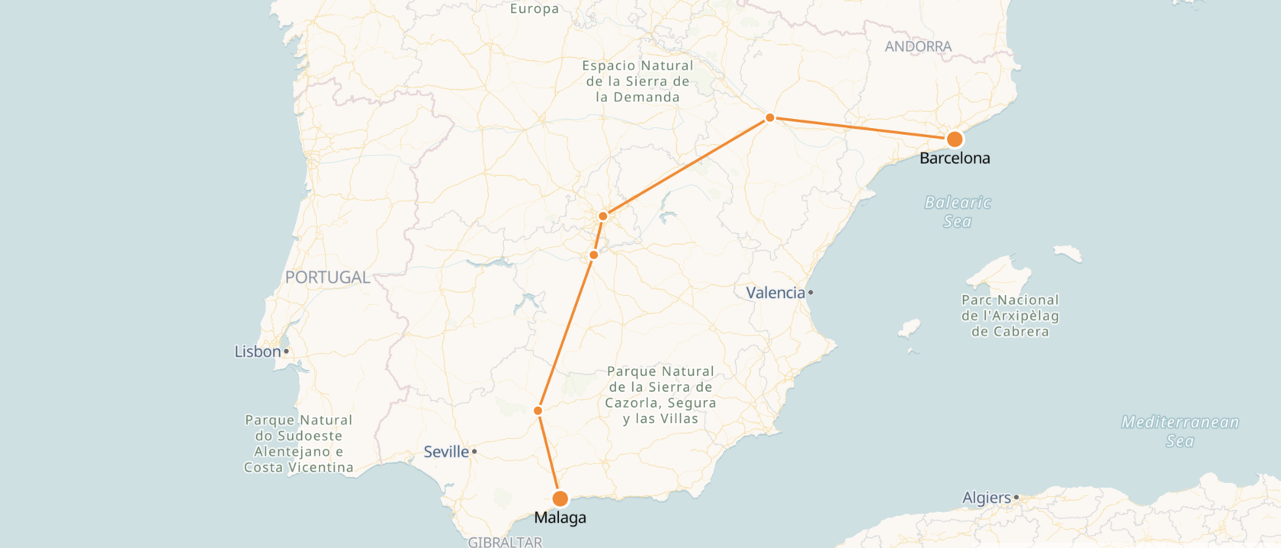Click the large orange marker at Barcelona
tap(954, 139)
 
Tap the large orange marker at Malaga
tap(560, 498)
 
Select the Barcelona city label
tap(955, 159)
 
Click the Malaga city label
tap(560, 518)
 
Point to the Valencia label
tap(775, 293)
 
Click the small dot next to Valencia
tap(811, 293)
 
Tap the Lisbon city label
tap(258, 351)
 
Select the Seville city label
tap(446, 452)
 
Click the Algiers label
tap(986, 498)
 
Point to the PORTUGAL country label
tap(327, 277)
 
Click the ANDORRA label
tap(918, 46)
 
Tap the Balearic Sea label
tap(958, 212)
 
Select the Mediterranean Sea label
tap(1180, 431)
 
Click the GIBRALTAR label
tap(505, 542)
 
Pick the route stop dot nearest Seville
tap(538, 411)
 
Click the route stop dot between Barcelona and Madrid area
tap(770, 117)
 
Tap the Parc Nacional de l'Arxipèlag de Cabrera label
tap(1010, 316)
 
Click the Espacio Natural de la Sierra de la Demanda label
tap(637, 82)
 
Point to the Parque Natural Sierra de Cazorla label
tap(660, 395)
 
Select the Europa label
tap(535, 8)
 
